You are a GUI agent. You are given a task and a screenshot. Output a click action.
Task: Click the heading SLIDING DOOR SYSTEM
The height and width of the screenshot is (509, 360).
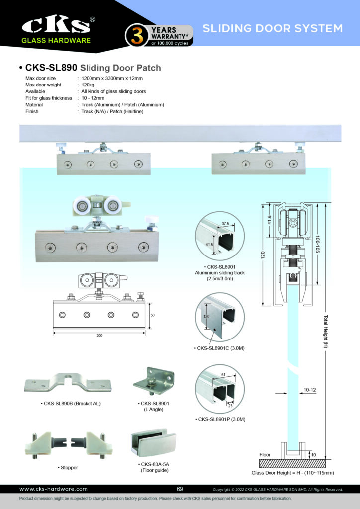[272, 28]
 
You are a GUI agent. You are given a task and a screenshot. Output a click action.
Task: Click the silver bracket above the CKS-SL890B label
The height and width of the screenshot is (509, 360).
[67, 383]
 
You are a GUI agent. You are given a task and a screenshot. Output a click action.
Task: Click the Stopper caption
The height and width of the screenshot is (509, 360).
[68, 468]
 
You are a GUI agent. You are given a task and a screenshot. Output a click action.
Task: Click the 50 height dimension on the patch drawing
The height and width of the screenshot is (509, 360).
[152, 316]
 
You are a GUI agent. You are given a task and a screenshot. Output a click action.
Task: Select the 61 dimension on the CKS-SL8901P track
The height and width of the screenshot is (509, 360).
[222, 374]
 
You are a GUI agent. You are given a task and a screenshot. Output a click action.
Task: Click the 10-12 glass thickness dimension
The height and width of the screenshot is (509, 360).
[310, 390]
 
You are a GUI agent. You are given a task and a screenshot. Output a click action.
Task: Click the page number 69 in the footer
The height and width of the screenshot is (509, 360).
[180, 489]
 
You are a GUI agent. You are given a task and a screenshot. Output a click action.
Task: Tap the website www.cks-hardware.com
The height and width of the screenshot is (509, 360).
[53, 489]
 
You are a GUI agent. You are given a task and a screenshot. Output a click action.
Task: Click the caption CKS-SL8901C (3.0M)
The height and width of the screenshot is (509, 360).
[217, 348]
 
